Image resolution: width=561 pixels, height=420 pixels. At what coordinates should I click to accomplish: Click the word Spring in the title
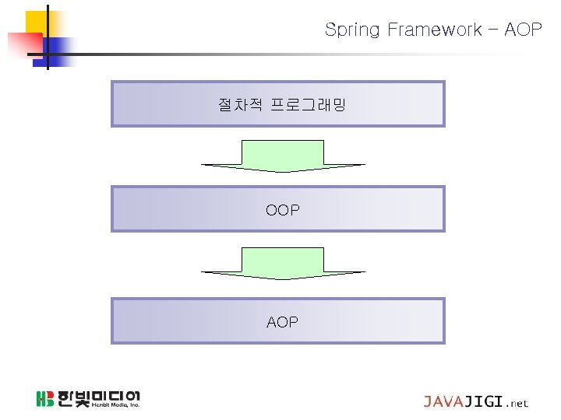(351, 30)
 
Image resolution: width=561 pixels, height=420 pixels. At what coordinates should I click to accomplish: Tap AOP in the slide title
(524, 30)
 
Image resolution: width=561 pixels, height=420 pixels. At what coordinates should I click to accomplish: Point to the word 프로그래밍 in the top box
(307, 103)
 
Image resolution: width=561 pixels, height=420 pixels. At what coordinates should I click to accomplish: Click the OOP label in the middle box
(282, 210)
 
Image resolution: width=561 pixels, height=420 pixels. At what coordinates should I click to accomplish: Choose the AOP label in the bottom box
(282, 322)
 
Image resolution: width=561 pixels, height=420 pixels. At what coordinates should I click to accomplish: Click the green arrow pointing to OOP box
(283, 156)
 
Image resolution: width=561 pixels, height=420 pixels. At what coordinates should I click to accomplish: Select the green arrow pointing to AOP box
(283, 263)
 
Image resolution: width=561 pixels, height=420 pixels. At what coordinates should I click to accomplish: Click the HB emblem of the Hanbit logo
(44, 399)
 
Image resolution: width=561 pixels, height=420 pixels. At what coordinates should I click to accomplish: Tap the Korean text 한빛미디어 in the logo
(98, 395)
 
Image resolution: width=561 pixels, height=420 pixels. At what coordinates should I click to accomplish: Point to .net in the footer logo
(517, 404)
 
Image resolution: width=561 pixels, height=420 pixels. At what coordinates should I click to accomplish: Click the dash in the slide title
(493, 30)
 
